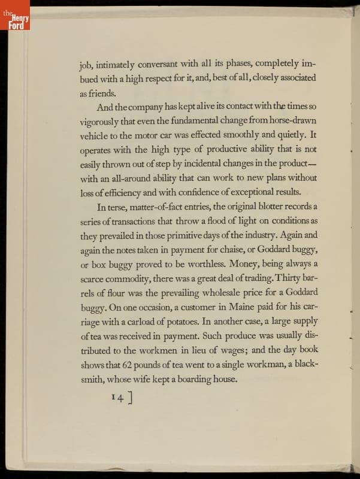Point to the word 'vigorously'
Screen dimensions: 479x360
tap(101, 122)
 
